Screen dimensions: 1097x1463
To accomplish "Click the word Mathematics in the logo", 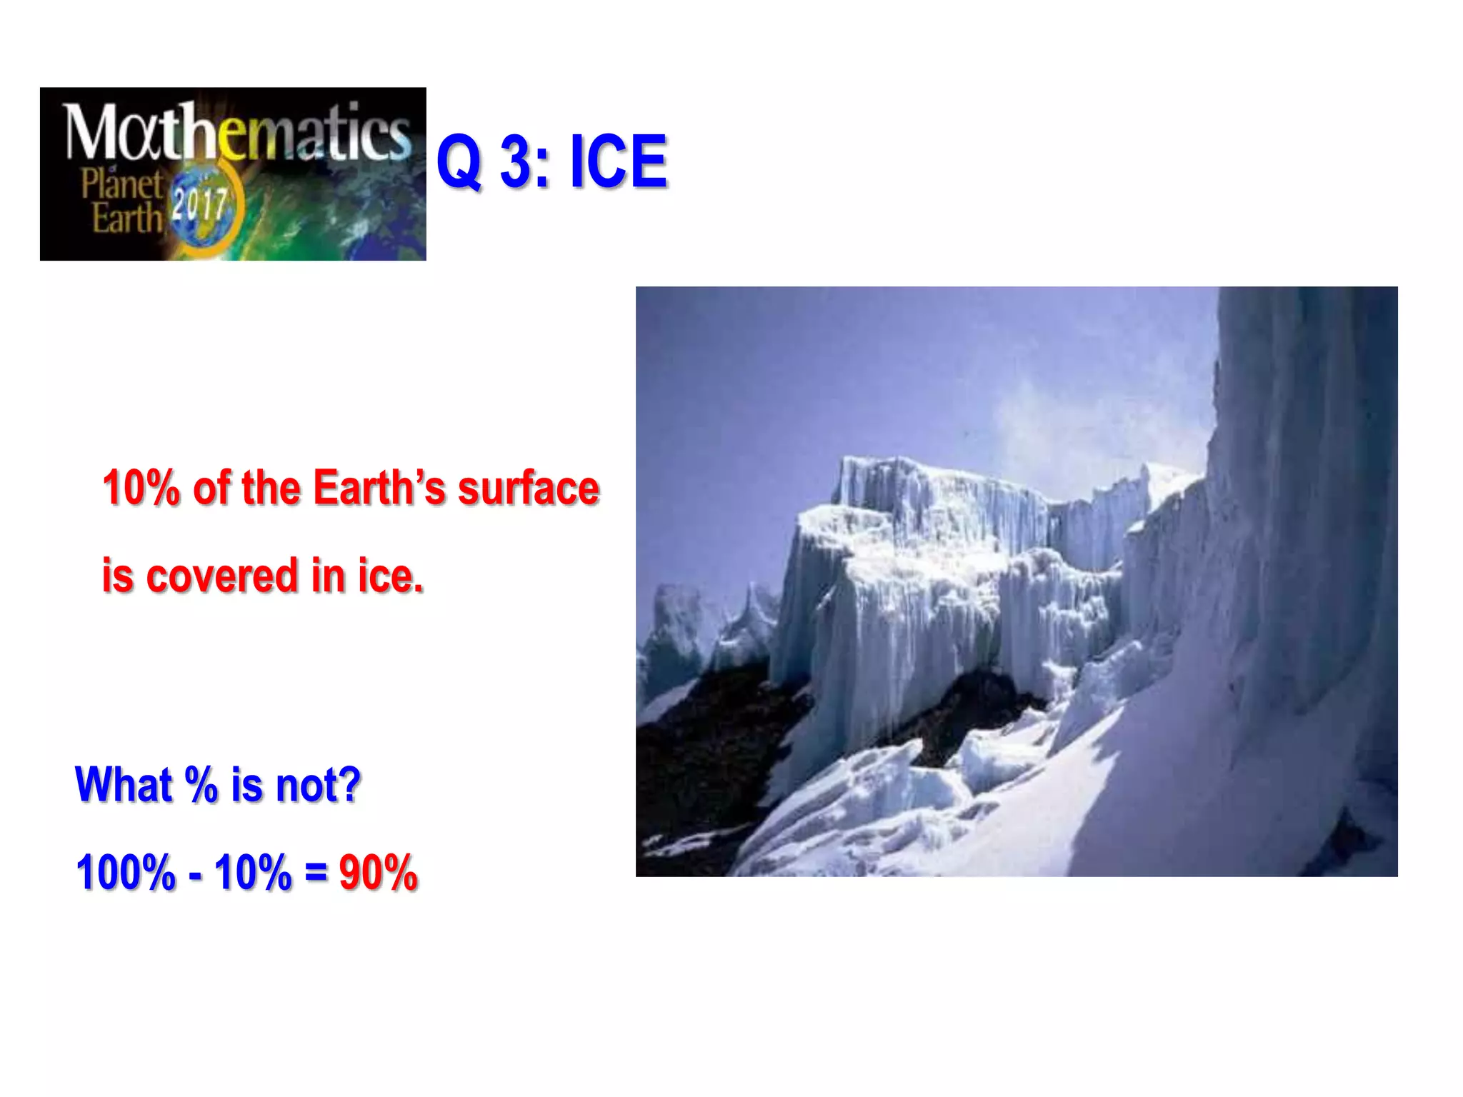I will click(236, 132).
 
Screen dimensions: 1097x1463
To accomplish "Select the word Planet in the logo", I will click(121, 184).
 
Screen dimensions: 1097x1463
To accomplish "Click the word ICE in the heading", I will click(618, 162).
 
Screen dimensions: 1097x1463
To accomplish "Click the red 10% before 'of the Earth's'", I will click(141, 489).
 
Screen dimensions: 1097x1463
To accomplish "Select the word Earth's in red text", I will click(379, 489).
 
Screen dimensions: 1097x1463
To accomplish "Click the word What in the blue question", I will click(123, 785).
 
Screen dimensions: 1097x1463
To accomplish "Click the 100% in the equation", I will click(126, 873).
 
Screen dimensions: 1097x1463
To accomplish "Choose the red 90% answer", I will click(378, 873).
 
